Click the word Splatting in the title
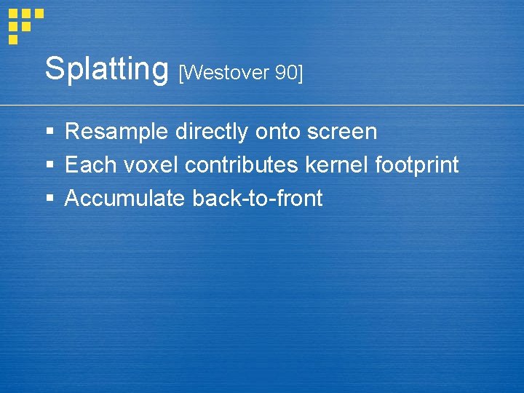pos(106,70)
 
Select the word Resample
pos(116,132)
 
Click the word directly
pos(212,132)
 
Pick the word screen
pos(342,132)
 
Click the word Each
pos(89,165)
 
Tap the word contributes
pos(242,165)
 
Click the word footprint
pos(416,166)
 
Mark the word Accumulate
pos(124,198)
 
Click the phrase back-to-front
pos(257,198)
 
